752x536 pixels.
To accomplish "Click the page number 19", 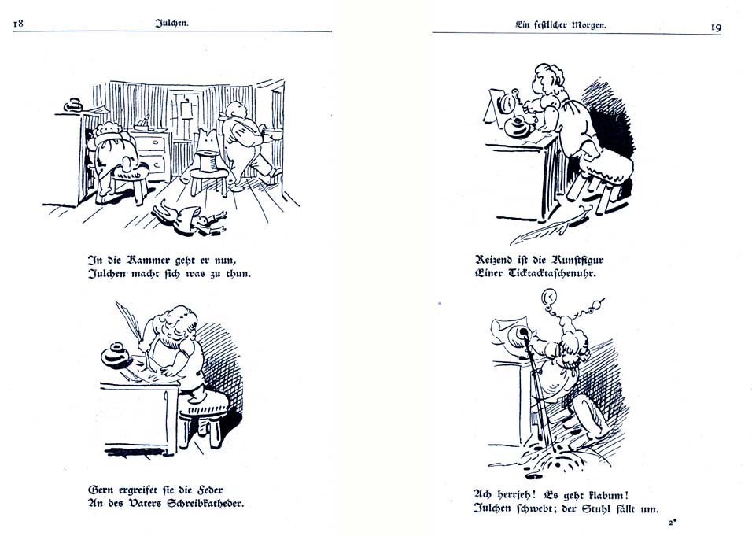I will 716,27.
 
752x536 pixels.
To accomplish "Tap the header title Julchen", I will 171,24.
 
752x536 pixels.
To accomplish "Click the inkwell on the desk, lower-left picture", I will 116,356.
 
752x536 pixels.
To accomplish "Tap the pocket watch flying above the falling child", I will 550,298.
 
